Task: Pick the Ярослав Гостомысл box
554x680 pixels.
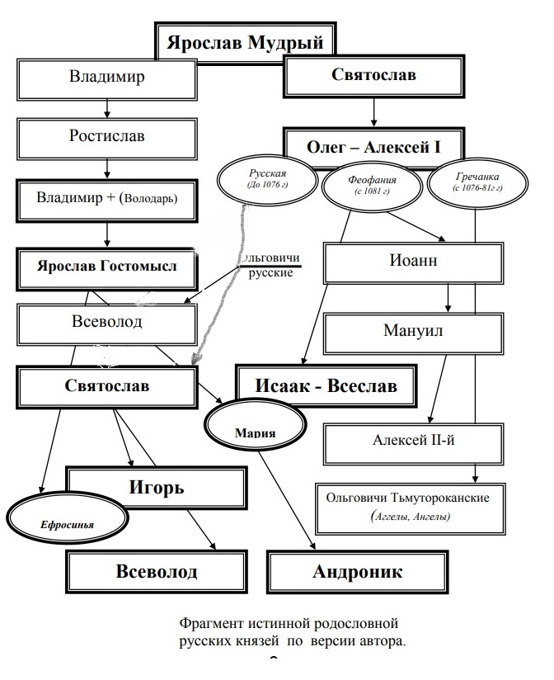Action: tap(108, 267)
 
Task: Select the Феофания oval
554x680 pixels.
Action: tap(372, 185)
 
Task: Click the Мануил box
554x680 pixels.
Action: tap(412, 332)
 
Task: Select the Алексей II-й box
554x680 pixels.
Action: tap(413, 442)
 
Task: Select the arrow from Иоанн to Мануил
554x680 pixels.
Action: tap(448, 297)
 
